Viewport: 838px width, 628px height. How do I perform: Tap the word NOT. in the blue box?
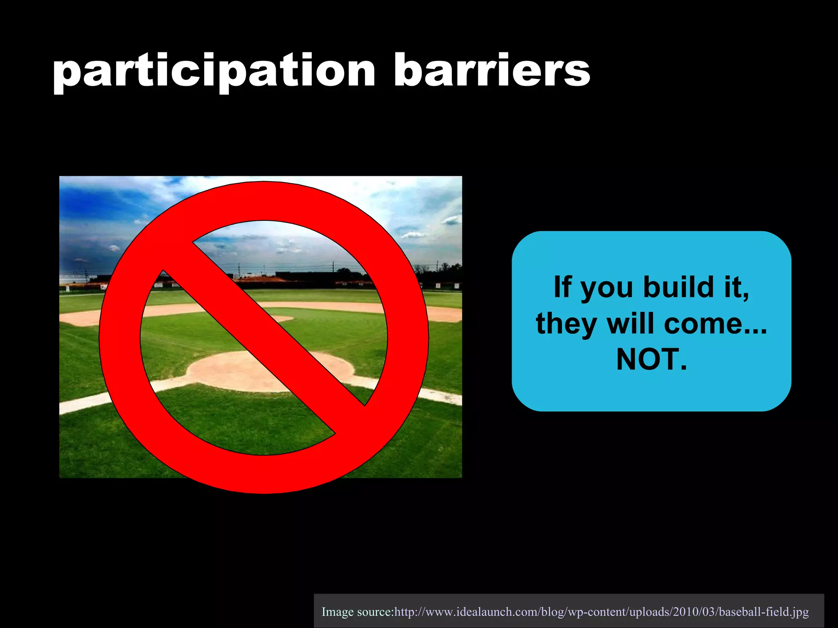pyautogui.click(x=651, y=360)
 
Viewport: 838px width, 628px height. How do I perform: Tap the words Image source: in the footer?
pyautogui.click(x=357, y=612)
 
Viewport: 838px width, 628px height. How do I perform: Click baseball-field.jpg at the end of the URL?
pyautogui.click(x=764, y=612)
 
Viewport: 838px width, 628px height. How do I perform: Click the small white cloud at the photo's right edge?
pyautogui.click(x=451, y=221)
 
